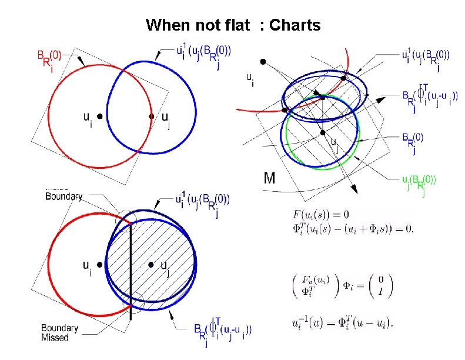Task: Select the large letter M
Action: [x=269, y=178]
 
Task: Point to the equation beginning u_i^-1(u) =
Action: [x=342, y=322]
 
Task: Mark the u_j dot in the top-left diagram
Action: [x=151, y=116]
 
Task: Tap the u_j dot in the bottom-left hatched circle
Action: [x=151, y=265]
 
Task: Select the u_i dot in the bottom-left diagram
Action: [x=100, y=265]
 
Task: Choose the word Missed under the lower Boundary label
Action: [x=55, y=338]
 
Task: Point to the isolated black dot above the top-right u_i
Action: [x=263, y=61]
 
